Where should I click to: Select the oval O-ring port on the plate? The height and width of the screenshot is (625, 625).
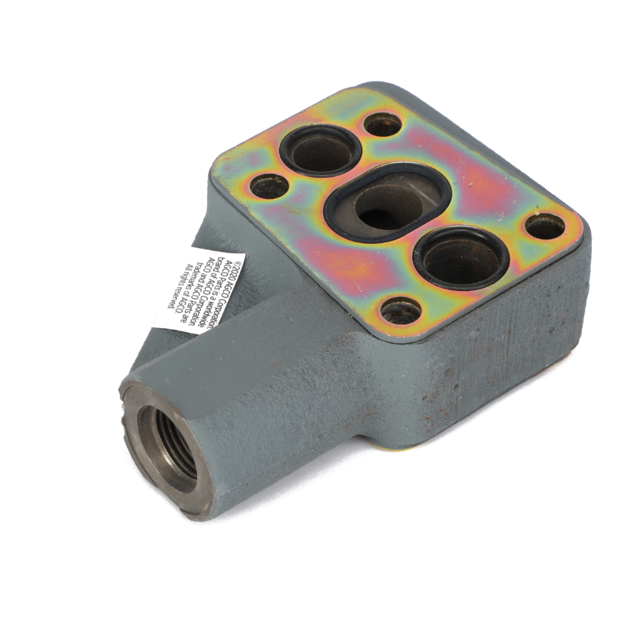388,203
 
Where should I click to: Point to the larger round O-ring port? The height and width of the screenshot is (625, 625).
462,258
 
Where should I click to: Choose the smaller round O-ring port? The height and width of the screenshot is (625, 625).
321,150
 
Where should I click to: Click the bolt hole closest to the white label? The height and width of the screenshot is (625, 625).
269,187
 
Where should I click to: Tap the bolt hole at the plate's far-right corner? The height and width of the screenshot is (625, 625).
545,226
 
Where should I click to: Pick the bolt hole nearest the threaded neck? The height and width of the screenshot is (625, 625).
401,311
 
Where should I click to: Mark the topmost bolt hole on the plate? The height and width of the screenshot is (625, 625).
383,125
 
